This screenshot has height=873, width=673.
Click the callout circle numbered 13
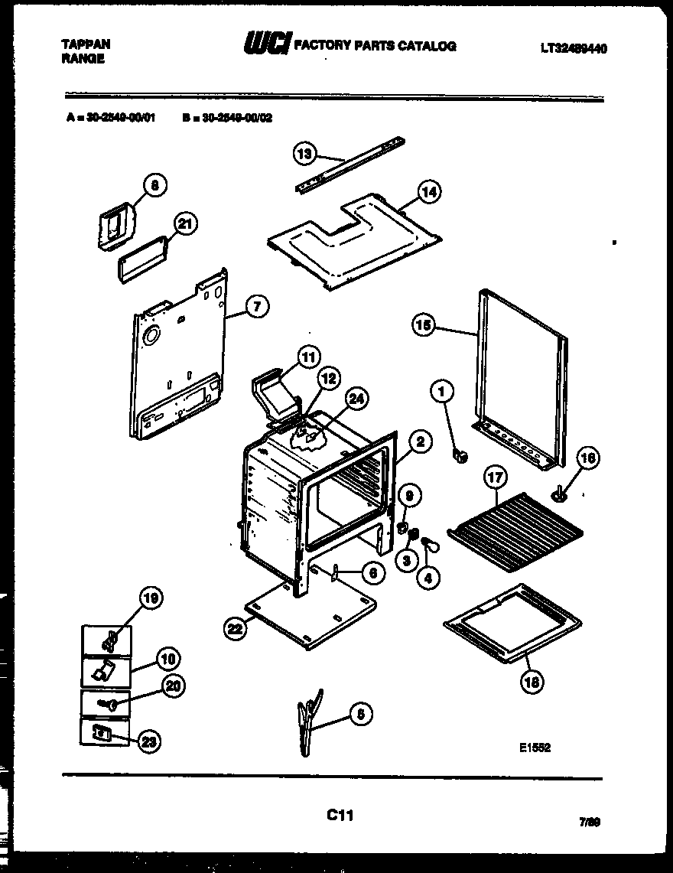coord(304,154)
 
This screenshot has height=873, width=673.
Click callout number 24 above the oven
coord(355,397)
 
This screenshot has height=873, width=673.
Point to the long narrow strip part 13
coord(352,165)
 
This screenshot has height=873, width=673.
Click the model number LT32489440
coord(574,48)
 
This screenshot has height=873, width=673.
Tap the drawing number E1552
coord(535,748)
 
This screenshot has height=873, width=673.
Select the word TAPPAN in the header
coord(85,44)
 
